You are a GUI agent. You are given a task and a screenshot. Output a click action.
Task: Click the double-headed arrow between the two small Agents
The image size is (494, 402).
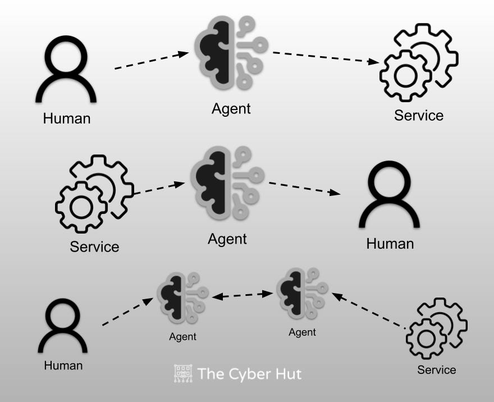pos(243,294)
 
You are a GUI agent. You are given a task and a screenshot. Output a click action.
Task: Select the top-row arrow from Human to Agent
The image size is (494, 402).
pos(152,61)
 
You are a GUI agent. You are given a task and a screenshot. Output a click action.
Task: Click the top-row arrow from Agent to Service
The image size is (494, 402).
pos(326,58)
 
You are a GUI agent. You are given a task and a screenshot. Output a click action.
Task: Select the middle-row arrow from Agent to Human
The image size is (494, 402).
pos(304,188)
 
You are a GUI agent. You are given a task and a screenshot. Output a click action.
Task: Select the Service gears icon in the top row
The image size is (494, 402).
pos(419,62)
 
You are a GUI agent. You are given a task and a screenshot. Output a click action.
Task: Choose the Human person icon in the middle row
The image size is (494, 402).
pos(390,194)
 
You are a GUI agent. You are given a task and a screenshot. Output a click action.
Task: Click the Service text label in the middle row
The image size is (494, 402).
pos(94,246)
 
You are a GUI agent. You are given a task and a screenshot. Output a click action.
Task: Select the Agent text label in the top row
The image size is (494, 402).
pos(231,108)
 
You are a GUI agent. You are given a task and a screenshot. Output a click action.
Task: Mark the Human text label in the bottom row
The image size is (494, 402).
pos(63,365)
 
